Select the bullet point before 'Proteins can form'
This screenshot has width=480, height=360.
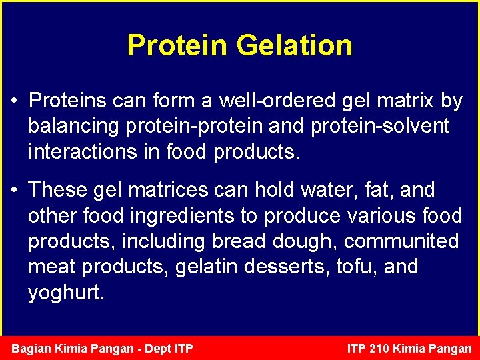point(15,101)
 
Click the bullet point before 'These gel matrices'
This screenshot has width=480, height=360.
point(15,191)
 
